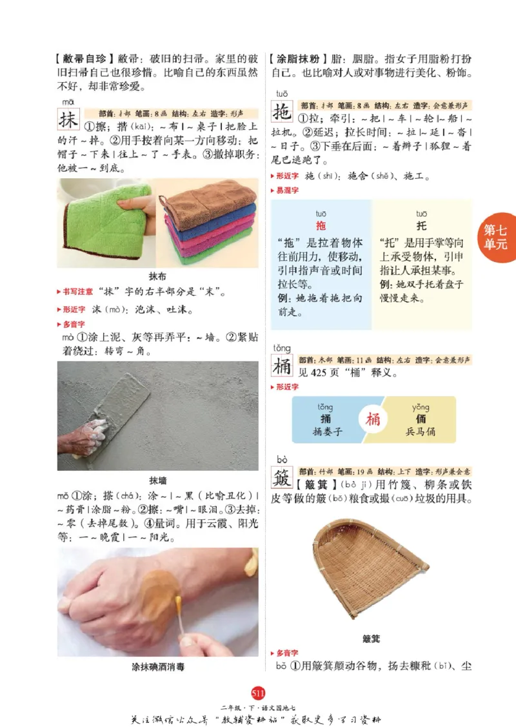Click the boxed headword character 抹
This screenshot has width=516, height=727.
[68, 120]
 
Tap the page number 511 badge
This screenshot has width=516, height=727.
[258, 693]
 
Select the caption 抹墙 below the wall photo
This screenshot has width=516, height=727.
[157, 480]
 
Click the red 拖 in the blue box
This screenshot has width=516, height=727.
[321, 225]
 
